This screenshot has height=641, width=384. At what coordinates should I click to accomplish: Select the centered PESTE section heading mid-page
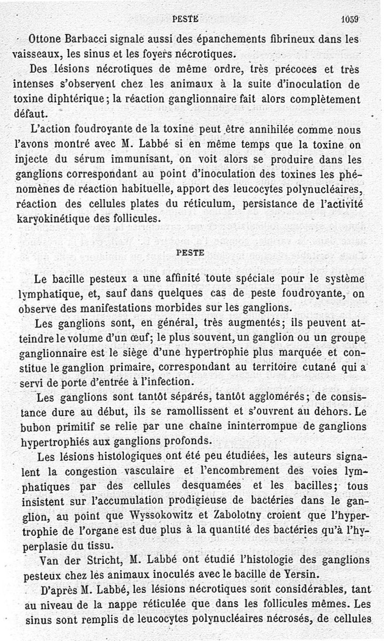[x=191, y=251]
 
